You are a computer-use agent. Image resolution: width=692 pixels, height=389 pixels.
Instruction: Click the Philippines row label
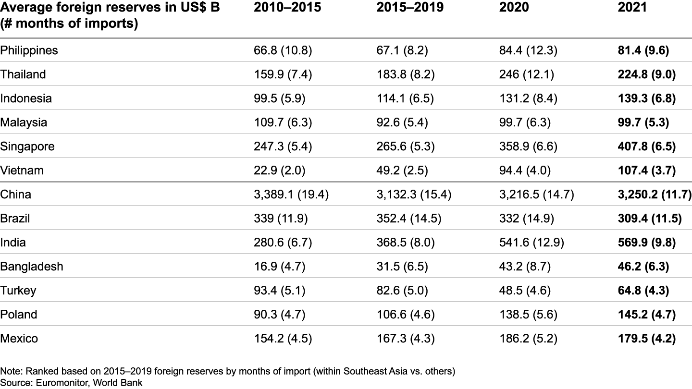tap(29, 50)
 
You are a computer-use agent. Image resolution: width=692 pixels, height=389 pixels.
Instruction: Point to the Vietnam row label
tap(22, 170)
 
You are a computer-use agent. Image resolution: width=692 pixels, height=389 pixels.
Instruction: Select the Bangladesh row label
tap(32, 267)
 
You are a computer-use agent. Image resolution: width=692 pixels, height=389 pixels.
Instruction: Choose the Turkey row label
tap(18, 291)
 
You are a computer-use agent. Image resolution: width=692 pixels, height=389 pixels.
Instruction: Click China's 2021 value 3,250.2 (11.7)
tap(654, 194)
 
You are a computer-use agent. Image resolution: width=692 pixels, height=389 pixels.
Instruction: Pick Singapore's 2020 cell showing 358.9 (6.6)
tap(528, 146)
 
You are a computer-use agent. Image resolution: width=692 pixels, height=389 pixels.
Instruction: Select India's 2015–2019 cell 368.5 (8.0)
tap(406, 243)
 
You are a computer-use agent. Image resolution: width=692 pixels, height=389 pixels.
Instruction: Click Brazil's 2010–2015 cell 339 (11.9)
tap(281, 219)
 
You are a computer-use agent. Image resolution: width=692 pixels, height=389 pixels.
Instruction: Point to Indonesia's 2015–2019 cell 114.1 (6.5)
tap(405, 98)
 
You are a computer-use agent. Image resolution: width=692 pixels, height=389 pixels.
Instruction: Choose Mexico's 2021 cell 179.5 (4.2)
tap(646, 339)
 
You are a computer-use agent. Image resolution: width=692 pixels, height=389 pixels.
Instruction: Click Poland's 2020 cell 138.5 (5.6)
tap(528, 315)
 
